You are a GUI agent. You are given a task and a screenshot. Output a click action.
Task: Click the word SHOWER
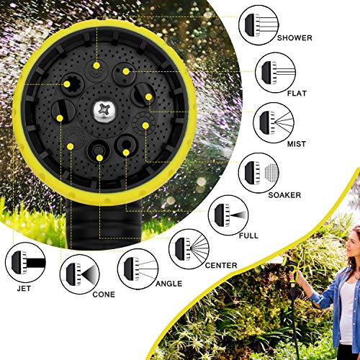[x=294, y=38]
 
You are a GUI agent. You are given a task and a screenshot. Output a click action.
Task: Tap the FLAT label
[x=297, y=93]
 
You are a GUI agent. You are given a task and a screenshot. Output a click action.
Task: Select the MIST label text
[x=297, y=144]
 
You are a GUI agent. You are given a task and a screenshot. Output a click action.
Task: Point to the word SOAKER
[x=284, y=195]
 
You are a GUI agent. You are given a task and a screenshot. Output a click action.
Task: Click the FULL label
[x=248, y=235]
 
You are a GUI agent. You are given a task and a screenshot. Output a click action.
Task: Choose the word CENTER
[x=221, y=266]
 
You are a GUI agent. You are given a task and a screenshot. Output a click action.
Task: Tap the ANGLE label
[x=168, y=284]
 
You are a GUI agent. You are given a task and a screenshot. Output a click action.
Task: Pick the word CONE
[x=104, y=294]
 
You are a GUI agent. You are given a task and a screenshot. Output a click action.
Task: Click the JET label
[x=24, y=289]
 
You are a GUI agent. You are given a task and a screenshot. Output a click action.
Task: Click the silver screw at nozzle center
[x=104, y=112]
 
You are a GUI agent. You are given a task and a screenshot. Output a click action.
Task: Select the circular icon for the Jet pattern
[x=25, y=263]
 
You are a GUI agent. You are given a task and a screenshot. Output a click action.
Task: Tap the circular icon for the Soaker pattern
[x=259, y=173]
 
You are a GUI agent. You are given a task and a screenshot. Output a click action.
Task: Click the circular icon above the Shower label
[x=258, y=24]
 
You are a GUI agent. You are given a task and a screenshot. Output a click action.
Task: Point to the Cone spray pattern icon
[x=80, y=274]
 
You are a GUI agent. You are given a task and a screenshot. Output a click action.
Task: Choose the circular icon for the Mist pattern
[x=274, y=123]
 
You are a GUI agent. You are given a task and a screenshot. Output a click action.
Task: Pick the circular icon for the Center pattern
[x=189, y=249]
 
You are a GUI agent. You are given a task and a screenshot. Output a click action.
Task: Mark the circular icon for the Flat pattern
[x=276, y=73]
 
